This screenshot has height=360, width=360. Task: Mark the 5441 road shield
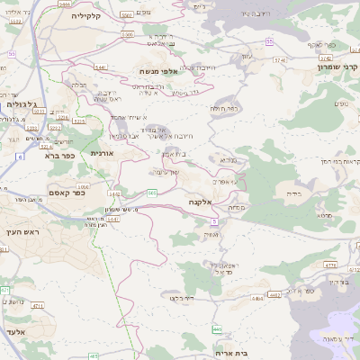point(101,67)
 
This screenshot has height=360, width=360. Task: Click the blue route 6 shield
point(17,157)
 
